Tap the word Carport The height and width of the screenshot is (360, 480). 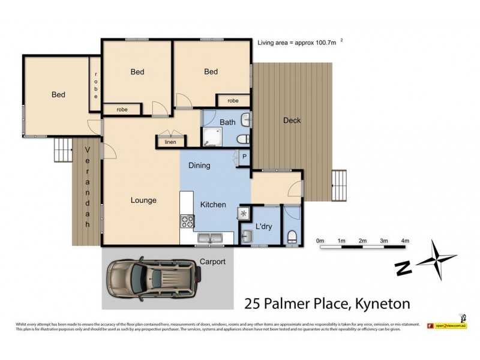(212, 262)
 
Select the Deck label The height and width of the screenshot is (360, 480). (292, 121)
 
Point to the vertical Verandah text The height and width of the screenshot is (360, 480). (87, 186)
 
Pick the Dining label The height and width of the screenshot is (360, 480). (199, 166)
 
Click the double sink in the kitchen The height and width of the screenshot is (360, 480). (209, 239)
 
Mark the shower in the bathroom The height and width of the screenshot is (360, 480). (211, 137)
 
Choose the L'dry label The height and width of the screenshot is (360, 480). (264, 227)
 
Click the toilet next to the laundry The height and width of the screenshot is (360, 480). (292, 236)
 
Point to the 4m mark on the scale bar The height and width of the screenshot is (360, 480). (405, 241)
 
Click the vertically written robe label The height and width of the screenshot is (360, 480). (95, 85)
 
